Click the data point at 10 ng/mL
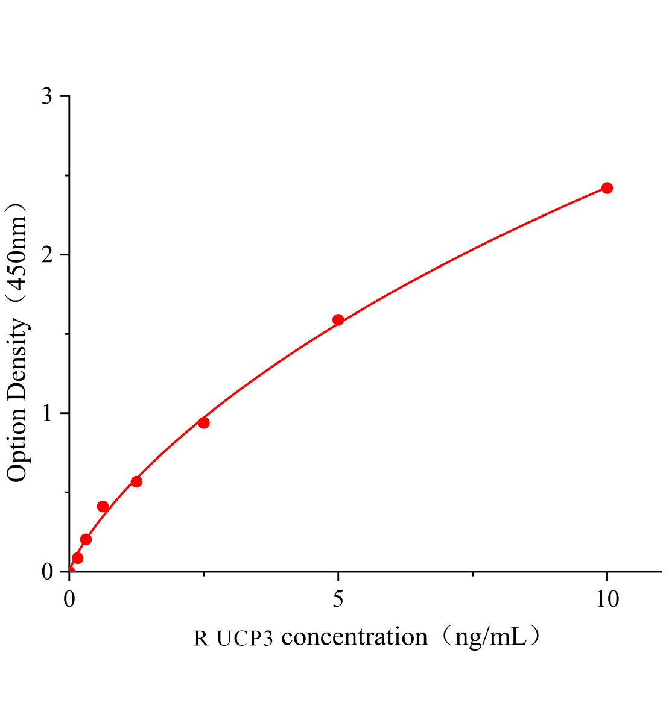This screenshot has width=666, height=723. pyautogui.click(x=607, y=188)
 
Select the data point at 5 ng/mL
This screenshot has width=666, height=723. pyautogui.click(x=338, y=320)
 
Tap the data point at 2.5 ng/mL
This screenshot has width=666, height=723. pyautogui.click(x=204, y=423)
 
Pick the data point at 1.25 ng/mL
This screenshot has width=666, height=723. pyautogui.click(x=136, y=481)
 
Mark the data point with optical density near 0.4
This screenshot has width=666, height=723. pyautogui.click(x=103, y=507)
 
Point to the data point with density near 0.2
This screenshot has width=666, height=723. pyautogui.click(x=86, y=539)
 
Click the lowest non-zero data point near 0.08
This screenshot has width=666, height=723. pyautogui.click(x=77, y=558)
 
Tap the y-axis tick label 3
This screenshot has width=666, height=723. pyautogui.click(x=47, y=97)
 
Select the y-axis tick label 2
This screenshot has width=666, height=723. pyautogui.click(x=47, y=255)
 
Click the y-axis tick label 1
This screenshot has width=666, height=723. pyautogui.click(x=47, y=413)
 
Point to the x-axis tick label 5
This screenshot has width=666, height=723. pyautogui.click(x=338, y=599)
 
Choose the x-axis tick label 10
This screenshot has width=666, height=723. pyautogui.click(x=606, y=599)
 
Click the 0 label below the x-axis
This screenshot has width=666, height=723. pyautogui.click(x=69, y=599)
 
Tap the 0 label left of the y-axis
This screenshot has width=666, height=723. pyautogui.click(x=47, y=571)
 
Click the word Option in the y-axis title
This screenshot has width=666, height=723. pyautogui.click(x=17, y=445)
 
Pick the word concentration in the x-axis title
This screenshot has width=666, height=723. pyautogui.click(x=354, y=636)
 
